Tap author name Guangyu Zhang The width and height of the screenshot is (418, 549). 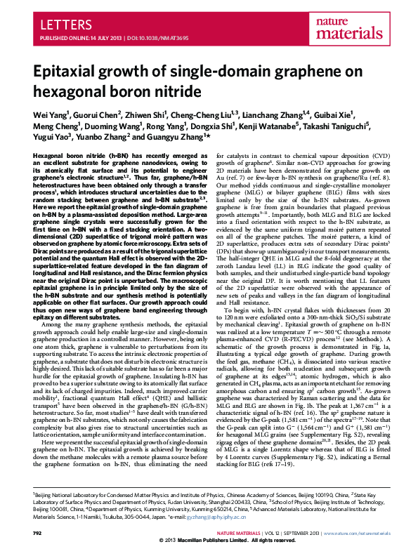(x=173, y=137)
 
